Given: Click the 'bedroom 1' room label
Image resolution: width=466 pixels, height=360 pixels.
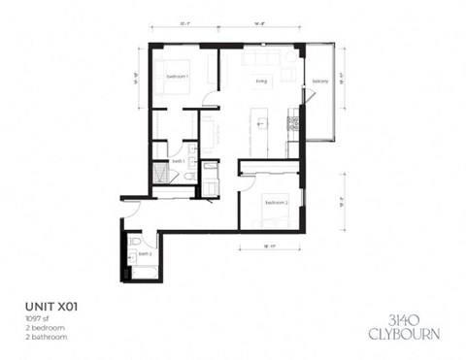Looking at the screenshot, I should pos(177,76).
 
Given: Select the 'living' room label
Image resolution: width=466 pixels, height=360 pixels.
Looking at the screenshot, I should pos(260,82).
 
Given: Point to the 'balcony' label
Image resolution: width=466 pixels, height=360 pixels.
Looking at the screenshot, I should pos(319,82).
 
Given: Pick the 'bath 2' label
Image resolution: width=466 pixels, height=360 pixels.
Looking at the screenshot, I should pos(144,253).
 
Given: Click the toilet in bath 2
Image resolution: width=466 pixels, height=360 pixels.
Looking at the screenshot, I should pos(135,242).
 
